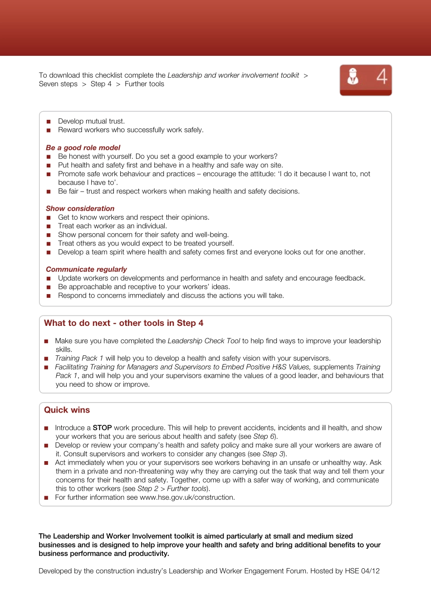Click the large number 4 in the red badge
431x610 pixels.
[382, 76]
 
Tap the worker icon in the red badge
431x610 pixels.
[353, 76]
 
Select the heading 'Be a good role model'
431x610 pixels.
[83, 148]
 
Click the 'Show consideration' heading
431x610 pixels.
[80, 208]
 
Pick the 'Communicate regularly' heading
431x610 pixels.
[86, 269]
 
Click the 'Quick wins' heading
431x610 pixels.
[67, 410]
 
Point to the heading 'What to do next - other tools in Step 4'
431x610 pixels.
[123, 323]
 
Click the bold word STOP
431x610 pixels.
[102, 428]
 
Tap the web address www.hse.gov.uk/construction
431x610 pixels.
[186, 497]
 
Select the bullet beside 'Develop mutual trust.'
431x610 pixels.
[49, 122]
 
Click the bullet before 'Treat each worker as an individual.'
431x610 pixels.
[49, 226]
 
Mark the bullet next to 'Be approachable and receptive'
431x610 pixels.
[49, 287]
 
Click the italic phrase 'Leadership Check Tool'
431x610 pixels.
[204, 341]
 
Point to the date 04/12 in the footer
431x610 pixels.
[370, 571]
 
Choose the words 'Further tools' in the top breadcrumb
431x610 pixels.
[144, 84]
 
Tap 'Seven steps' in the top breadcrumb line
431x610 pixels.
[58, 84]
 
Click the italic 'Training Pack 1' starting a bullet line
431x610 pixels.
[79, 358]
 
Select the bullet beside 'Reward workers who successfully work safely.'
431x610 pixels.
[49, 130]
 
